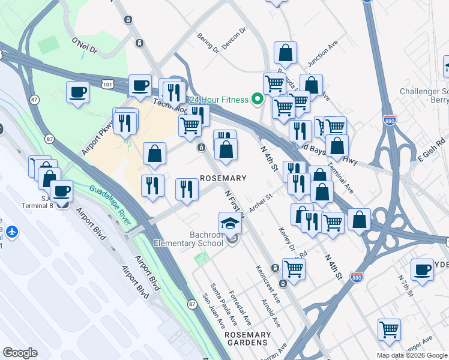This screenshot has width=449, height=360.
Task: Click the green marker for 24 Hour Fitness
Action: [x=258, y=99]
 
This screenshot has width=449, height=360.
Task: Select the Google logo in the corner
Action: [x=20, y=353]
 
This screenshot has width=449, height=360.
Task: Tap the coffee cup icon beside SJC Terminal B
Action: [x=61, y=191]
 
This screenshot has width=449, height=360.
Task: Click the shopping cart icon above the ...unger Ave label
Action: [x=389, y=329]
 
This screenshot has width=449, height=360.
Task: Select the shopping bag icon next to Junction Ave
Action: [x=286, y=53]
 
